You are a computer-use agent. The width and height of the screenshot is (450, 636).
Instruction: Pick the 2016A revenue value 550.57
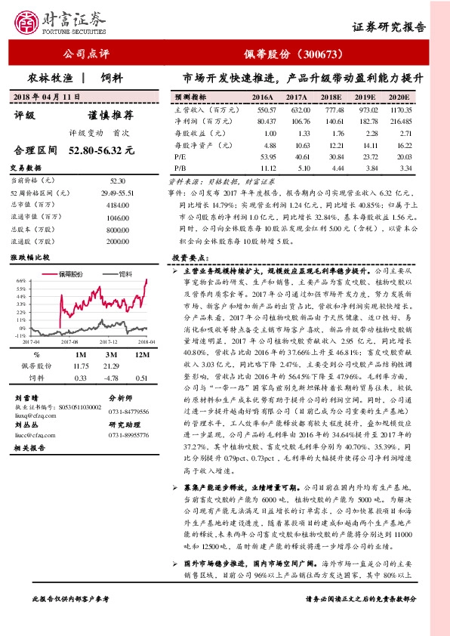click(262, 110)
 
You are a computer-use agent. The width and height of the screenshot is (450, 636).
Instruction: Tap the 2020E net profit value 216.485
click(400, 121)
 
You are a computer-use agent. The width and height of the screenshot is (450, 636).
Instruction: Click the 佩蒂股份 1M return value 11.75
click(82, 366)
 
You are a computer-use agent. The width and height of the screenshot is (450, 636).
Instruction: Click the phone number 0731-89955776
click(131, 436)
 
